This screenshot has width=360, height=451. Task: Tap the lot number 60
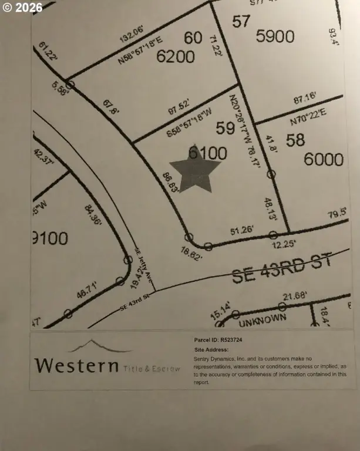click(193, 38)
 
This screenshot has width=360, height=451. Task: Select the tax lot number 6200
click(175, 56)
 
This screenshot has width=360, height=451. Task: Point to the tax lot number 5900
click(275, 36)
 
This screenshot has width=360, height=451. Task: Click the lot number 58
click(296, 140)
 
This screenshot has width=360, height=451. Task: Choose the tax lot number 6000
click(324, 160)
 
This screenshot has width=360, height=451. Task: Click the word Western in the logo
click(76, 365)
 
